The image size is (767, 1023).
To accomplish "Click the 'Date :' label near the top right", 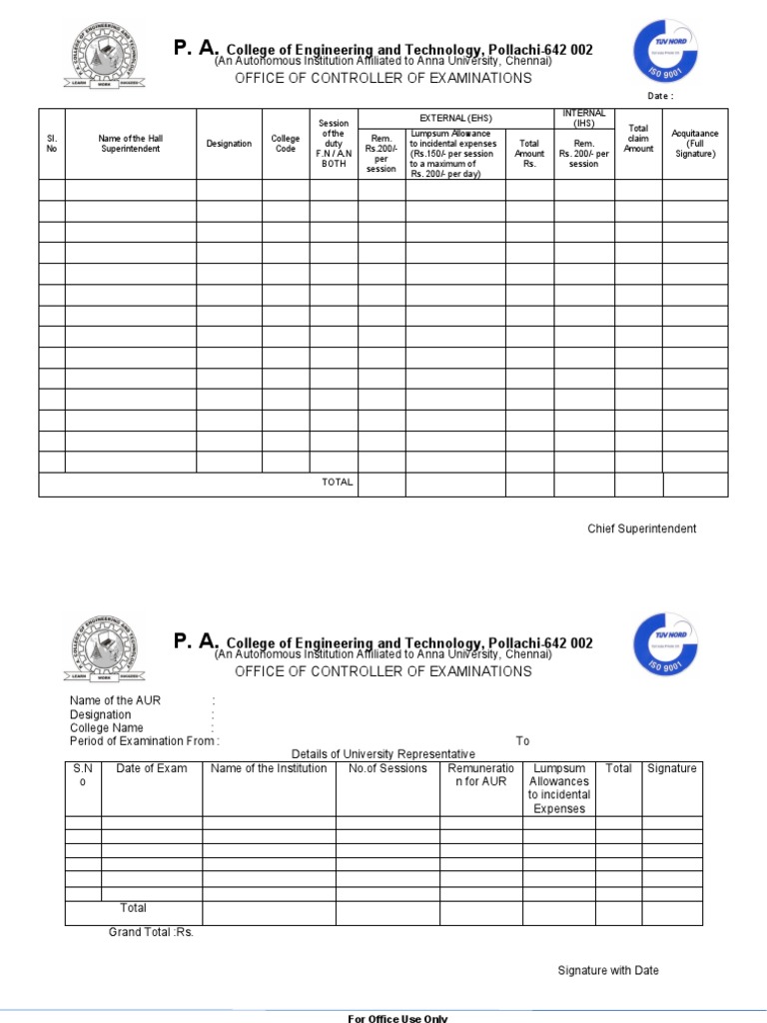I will coord(661,96).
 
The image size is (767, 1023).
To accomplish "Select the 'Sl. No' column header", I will coord(52,143).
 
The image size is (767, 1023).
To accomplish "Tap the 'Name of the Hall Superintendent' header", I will coord(130,143).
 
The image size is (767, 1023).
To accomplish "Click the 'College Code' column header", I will coord(286,143).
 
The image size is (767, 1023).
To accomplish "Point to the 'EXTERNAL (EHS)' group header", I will coord(455,118).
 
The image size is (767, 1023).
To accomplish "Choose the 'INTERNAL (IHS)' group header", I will coord(584,118).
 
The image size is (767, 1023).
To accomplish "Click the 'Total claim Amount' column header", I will coord(638,138).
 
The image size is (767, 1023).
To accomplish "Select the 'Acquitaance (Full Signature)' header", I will coord(695,143).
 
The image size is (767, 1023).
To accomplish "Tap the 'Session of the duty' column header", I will coord(333,143).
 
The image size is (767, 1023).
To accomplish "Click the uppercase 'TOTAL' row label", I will coord(337,483).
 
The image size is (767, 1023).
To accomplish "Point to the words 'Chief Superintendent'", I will coord(641,528).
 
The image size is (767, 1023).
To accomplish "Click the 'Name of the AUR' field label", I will coord(115,700).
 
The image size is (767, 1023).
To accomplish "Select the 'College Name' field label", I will coord(107,728).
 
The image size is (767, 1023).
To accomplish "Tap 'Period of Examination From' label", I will coord(143,741).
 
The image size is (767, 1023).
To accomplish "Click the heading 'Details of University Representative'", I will coord(383,753).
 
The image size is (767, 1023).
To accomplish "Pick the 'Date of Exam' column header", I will coord(151,768).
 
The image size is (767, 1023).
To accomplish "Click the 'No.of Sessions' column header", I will coord(387,768).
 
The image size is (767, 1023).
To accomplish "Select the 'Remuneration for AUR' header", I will coord(480,775).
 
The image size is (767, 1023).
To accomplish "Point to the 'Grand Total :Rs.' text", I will coord(151,932).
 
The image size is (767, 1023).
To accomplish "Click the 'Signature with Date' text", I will coord(608,970).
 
